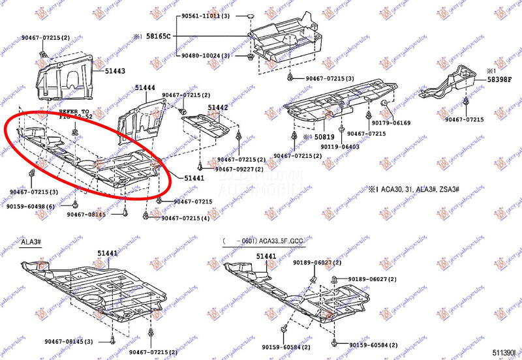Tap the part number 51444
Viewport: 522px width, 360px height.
pos(145,87)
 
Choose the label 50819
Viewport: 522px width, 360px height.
pos(324,137)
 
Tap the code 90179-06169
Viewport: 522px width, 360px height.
pos(391,123)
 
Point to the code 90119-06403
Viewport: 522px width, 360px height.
pos(340,147)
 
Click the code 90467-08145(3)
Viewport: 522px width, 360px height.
pos(69,342)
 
